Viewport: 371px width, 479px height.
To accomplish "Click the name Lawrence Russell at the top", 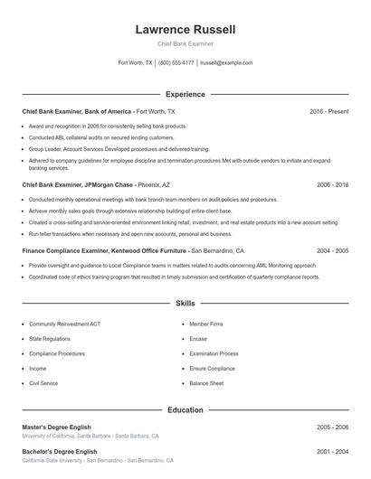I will (x=185, y=30).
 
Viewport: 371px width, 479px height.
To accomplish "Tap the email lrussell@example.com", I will (x=226, y=63).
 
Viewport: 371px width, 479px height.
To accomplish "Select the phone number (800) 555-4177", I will (x=176, y=63).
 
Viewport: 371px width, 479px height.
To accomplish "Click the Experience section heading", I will (x=185, y=94).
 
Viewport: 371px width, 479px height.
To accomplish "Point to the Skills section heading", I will (x=185, y=305).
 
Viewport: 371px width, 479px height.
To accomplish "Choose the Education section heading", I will (x=185, y=410).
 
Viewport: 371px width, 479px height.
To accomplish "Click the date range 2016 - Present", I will (x=328, y=111).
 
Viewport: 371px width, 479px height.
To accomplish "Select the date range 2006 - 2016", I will (x=332, y=184).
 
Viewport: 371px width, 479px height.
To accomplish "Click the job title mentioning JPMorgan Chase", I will (x=78, y=184).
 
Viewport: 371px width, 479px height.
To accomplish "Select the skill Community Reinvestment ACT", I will (x=66, y=323).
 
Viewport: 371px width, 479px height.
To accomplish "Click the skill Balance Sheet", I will (x=206, y=383).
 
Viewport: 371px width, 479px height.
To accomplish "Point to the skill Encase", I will (x=198, y=338).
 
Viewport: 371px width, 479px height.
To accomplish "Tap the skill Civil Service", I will (x=43, y=383).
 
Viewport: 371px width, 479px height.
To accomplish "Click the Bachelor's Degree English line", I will (x=61, y=451).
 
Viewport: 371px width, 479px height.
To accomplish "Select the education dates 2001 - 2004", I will (x=332, y=451).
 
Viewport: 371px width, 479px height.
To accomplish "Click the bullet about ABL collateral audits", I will (x=101, y=137).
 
